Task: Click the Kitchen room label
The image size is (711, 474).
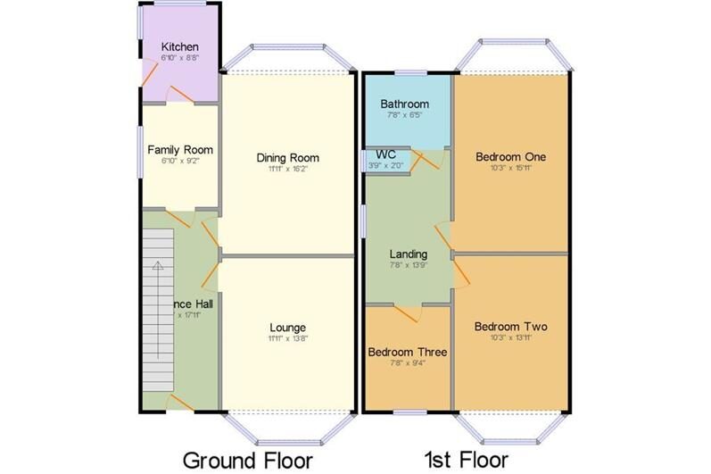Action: click(179, 46)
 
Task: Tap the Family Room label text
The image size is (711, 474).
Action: click(179, 149)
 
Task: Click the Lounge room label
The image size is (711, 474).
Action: click(287, 328)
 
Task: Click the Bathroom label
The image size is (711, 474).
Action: click(404, 104)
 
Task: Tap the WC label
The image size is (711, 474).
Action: click(386, 154)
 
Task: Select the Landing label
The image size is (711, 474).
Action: click(409, 254)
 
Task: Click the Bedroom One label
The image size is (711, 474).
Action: click(510, 156)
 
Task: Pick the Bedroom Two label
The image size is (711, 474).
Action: click(510, 326)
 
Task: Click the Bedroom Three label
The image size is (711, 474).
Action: click(408, 352)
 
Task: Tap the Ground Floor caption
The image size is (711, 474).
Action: click(247, 460)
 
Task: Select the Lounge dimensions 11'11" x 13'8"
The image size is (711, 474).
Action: click(287, 339)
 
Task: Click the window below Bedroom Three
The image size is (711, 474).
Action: click(409, 412)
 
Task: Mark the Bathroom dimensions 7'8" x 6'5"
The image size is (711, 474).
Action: click(404, 115)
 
